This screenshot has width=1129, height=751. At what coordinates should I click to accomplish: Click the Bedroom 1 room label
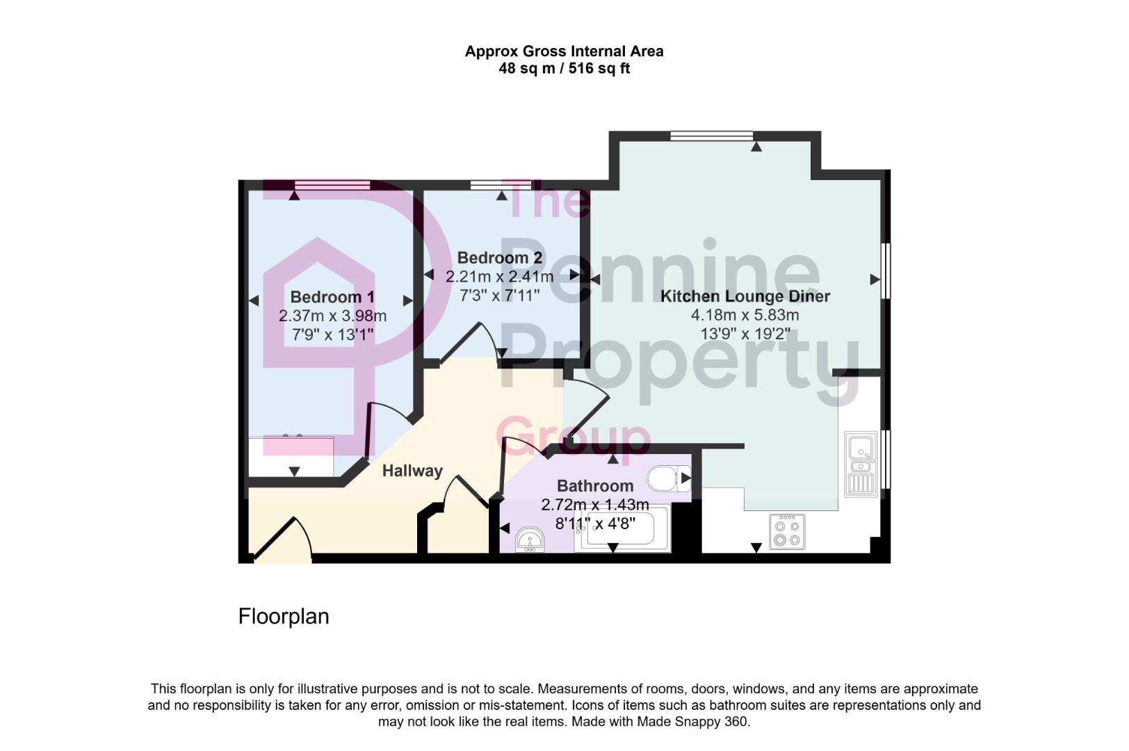coord(332,297)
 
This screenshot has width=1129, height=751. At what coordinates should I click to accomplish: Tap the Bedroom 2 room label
coord(499,258)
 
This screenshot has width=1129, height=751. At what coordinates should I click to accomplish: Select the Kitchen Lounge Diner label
coord(745,296)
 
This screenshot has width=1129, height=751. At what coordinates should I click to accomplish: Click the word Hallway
coord(412,471)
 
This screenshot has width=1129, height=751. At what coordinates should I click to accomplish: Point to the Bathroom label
coord(595,485)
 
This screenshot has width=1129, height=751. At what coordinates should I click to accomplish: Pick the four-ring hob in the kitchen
coord(787,532)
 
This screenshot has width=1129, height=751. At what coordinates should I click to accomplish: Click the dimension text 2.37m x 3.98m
coord(332,316)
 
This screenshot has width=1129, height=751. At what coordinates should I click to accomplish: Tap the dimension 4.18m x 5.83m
coord(745,315)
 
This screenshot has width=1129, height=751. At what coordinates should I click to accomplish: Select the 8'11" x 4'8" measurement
coord(595,523)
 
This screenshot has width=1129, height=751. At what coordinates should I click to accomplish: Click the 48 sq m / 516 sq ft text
coord(564,69)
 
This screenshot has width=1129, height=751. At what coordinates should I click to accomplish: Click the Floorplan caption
coord(283,617)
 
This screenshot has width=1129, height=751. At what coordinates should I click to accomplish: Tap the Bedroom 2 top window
coord(501,185)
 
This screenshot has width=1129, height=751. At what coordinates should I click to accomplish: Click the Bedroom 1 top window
coord(332,185)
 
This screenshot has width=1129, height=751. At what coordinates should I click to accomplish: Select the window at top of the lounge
coord(711,136)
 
